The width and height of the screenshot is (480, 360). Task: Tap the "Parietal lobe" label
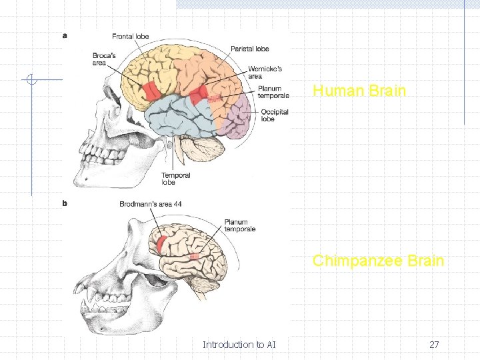[x=250, y=49]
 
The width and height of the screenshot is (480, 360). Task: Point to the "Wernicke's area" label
[x=265, y=72]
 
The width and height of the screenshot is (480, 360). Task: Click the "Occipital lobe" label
[x=275, y=115]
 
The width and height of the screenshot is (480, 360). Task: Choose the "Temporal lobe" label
[x=175, y=179]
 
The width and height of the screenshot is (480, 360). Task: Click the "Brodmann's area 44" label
[x=151, y=204]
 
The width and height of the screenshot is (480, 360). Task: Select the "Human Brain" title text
[x=359, y=91]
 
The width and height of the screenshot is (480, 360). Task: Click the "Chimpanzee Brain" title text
[x=378, y=260]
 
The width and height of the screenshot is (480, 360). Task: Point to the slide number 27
[x=433, y=345]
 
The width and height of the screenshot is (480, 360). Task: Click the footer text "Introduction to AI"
[x=239, y=345]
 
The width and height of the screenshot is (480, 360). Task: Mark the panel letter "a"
[x=65, y=35]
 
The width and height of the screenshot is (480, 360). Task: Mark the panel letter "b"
[x=65, y=203]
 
